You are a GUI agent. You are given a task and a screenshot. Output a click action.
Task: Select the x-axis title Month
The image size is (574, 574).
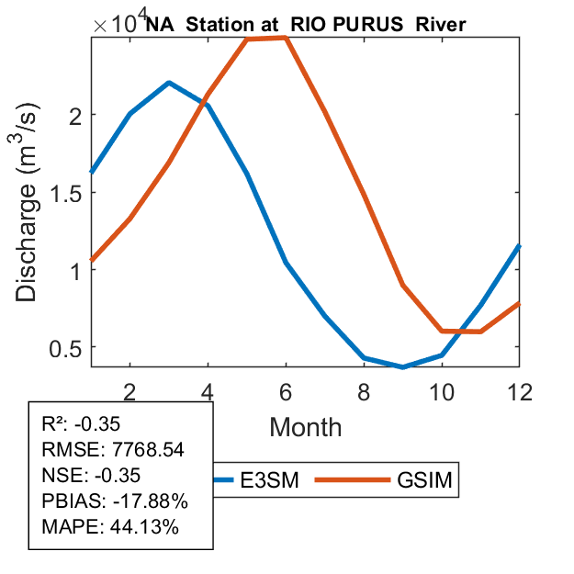306,426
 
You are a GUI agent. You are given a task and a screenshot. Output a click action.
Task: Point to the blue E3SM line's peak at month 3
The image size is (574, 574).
169,83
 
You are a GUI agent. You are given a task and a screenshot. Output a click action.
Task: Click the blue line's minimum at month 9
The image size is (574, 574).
402,366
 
